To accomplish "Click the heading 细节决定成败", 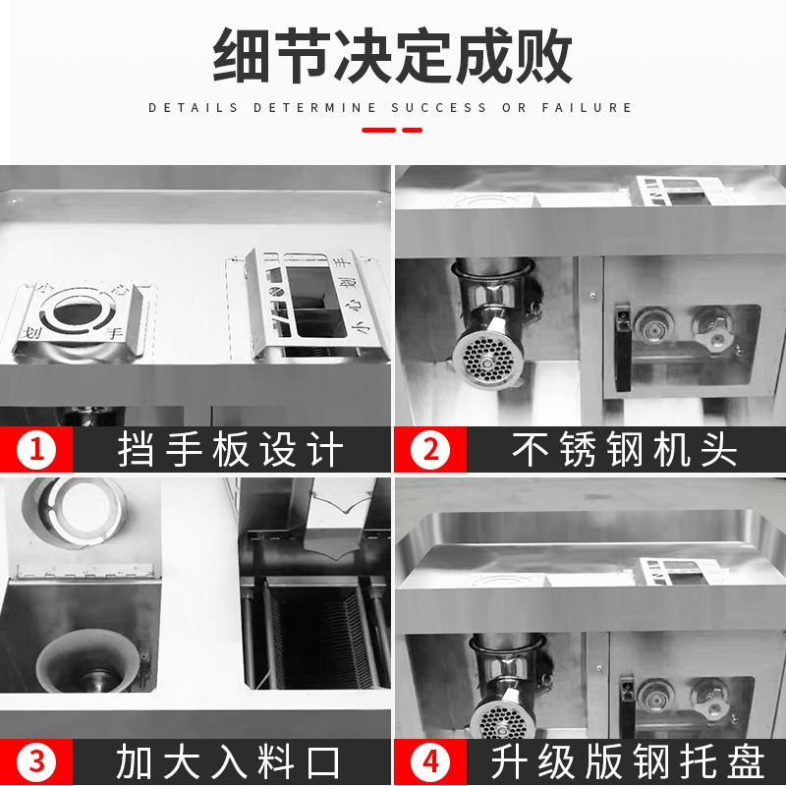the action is coord(392,55).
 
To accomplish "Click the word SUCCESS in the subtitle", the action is coord(438,108).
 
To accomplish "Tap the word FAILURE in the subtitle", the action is coord(587,108).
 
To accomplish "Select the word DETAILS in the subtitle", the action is coord(193,108).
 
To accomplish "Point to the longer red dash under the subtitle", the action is coord(379,131).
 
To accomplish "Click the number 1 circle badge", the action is coord(36,449).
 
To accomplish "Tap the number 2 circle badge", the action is coord(430,449).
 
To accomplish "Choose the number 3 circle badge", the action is coord(36,762).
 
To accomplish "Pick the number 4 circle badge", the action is coord(430,762).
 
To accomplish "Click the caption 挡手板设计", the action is coord(231,450).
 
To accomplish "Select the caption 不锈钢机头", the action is coord(625,450).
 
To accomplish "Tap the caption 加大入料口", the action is coord(229,762).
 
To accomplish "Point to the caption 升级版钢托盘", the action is coord(628,762).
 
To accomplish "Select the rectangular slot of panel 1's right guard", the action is coord(315,302).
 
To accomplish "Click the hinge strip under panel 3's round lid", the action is coord(84,571).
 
